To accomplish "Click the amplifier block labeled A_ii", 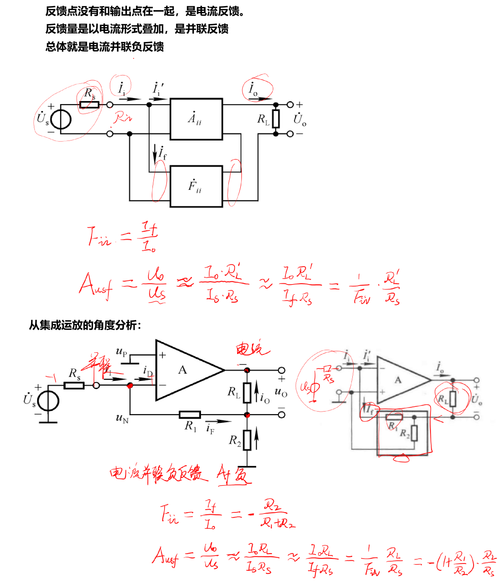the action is [196, 119].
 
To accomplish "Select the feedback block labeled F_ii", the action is [196, 186].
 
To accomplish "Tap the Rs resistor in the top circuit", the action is [89, 105].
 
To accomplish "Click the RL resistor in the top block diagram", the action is [276, 119].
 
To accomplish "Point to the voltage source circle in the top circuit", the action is [61, 119].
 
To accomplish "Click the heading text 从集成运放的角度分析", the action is [84, 325].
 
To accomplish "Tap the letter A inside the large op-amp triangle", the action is [183, 370].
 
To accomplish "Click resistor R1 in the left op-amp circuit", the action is [190, 415].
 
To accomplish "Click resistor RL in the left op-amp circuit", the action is [247, 393].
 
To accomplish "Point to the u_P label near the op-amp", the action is [121, 352].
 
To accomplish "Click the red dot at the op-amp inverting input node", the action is [130, 386].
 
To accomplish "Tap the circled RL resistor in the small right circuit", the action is [452, 399].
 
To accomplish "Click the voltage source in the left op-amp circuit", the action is [48, 401].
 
